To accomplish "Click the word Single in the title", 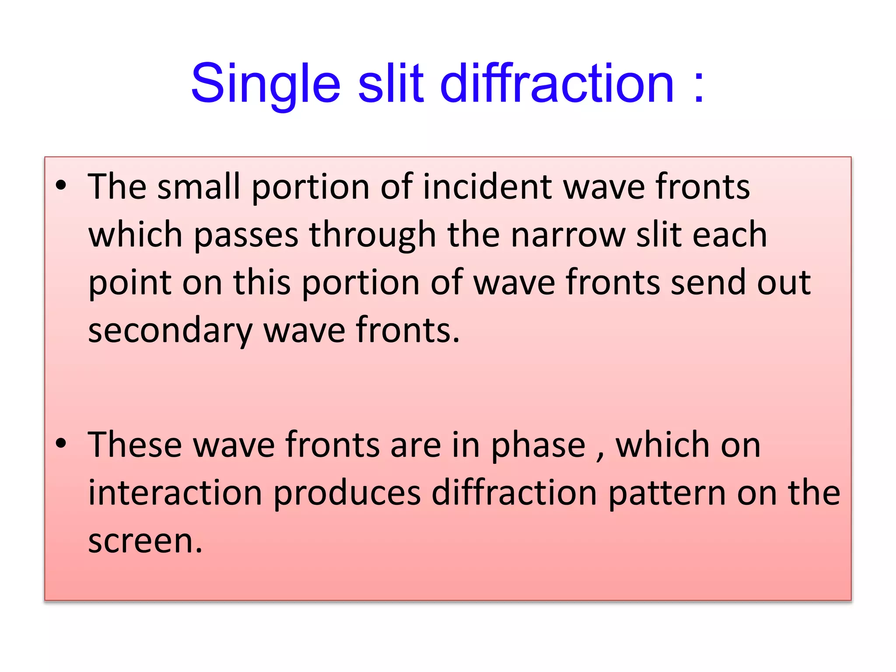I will (x=265, y=84).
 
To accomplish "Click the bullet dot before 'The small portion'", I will (x=61, y=185).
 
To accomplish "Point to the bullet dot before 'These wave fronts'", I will (x=61, y=443).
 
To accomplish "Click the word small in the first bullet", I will (x=199, y=187).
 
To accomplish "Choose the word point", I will (x=129, y=283).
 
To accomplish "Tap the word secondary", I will (x=170, y=331).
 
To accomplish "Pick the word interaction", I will (x=175, y=493).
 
